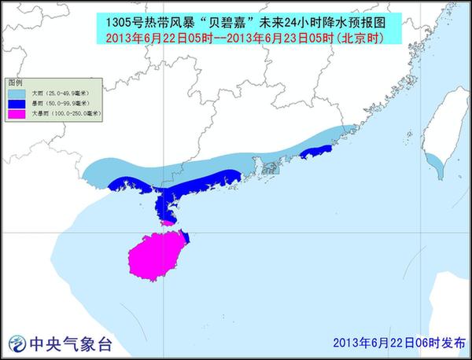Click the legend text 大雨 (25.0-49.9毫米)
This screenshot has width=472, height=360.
coord(60,93)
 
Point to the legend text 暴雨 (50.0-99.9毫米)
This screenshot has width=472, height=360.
coord(60,103)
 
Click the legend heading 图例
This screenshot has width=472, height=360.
coord(14,83)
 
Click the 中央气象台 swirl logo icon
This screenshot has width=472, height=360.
coord(16,343)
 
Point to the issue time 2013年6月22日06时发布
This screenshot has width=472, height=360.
coord(399,343)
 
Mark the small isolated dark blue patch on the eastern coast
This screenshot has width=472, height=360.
coord(316,152)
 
